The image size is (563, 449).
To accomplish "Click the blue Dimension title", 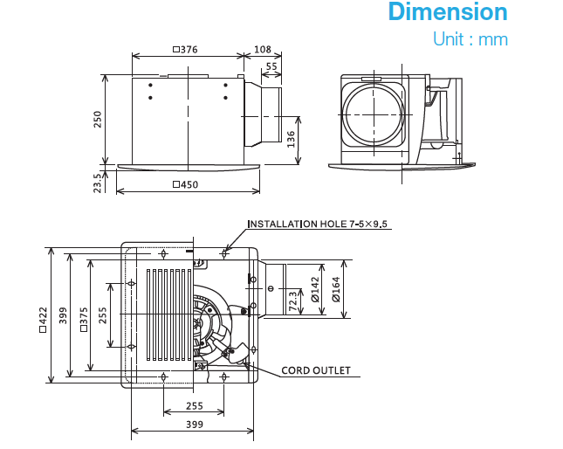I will [447, 13].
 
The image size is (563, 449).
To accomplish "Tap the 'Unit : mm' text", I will [470, 40].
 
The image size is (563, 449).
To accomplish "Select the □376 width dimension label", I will [185, 50].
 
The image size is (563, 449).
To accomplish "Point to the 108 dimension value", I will [262, 50].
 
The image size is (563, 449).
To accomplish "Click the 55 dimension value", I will [271, 66].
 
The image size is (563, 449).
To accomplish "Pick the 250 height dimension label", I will [98, 119].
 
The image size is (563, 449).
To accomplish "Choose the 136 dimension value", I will [291, 137].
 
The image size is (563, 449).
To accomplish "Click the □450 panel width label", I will [185, 184].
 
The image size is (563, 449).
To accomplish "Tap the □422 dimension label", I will [42, 320].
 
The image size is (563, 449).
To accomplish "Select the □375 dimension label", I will [84, 320].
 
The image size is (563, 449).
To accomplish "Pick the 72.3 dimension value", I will [292, 302].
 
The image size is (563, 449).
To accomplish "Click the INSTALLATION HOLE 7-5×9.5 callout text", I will [319, 224].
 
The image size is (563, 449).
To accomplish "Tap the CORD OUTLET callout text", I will [315, 370].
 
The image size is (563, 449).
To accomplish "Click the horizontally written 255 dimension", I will [193, 406].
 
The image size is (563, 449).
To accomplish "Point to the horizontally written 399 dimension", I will [193, 425].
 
